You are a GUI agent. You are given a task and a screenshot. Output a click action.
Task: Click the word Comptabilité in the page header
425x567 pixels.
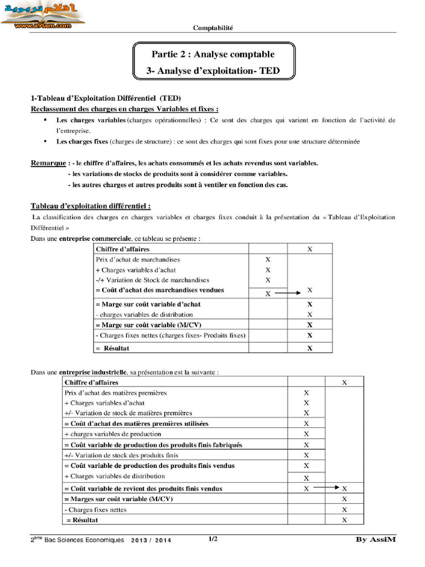click(213, 28)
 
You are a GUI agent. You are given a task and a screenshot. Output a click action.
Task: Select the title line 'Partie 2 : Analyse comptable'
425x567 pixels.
click(213, 54)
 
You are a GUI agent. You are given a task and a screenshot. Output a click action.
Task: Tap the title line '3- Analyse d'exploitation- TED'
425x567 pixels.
click(213, 70)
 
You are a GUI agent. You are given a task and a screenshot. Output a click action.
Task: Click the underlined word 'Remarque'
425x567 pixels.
click(48, 163)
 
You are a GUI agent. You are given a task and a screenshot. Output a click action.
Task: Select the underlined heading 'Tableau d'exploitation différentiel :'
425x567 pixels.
click(91, 206)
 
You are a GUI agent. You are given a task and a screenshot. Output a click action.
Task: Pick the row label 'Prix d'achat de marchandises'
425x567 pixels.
click(138, 260)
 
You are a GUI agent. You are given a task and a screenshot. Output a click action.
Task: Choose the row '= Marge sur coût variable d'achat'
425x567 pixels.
click(148, 304)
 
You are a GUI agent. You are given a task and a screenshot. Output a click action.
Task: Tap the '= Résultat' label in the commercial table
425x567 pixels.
click(113, 348)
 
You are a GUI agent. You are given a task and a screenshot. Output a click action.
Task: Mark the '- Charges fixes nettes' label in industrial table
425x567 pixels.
click(95, 509)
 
